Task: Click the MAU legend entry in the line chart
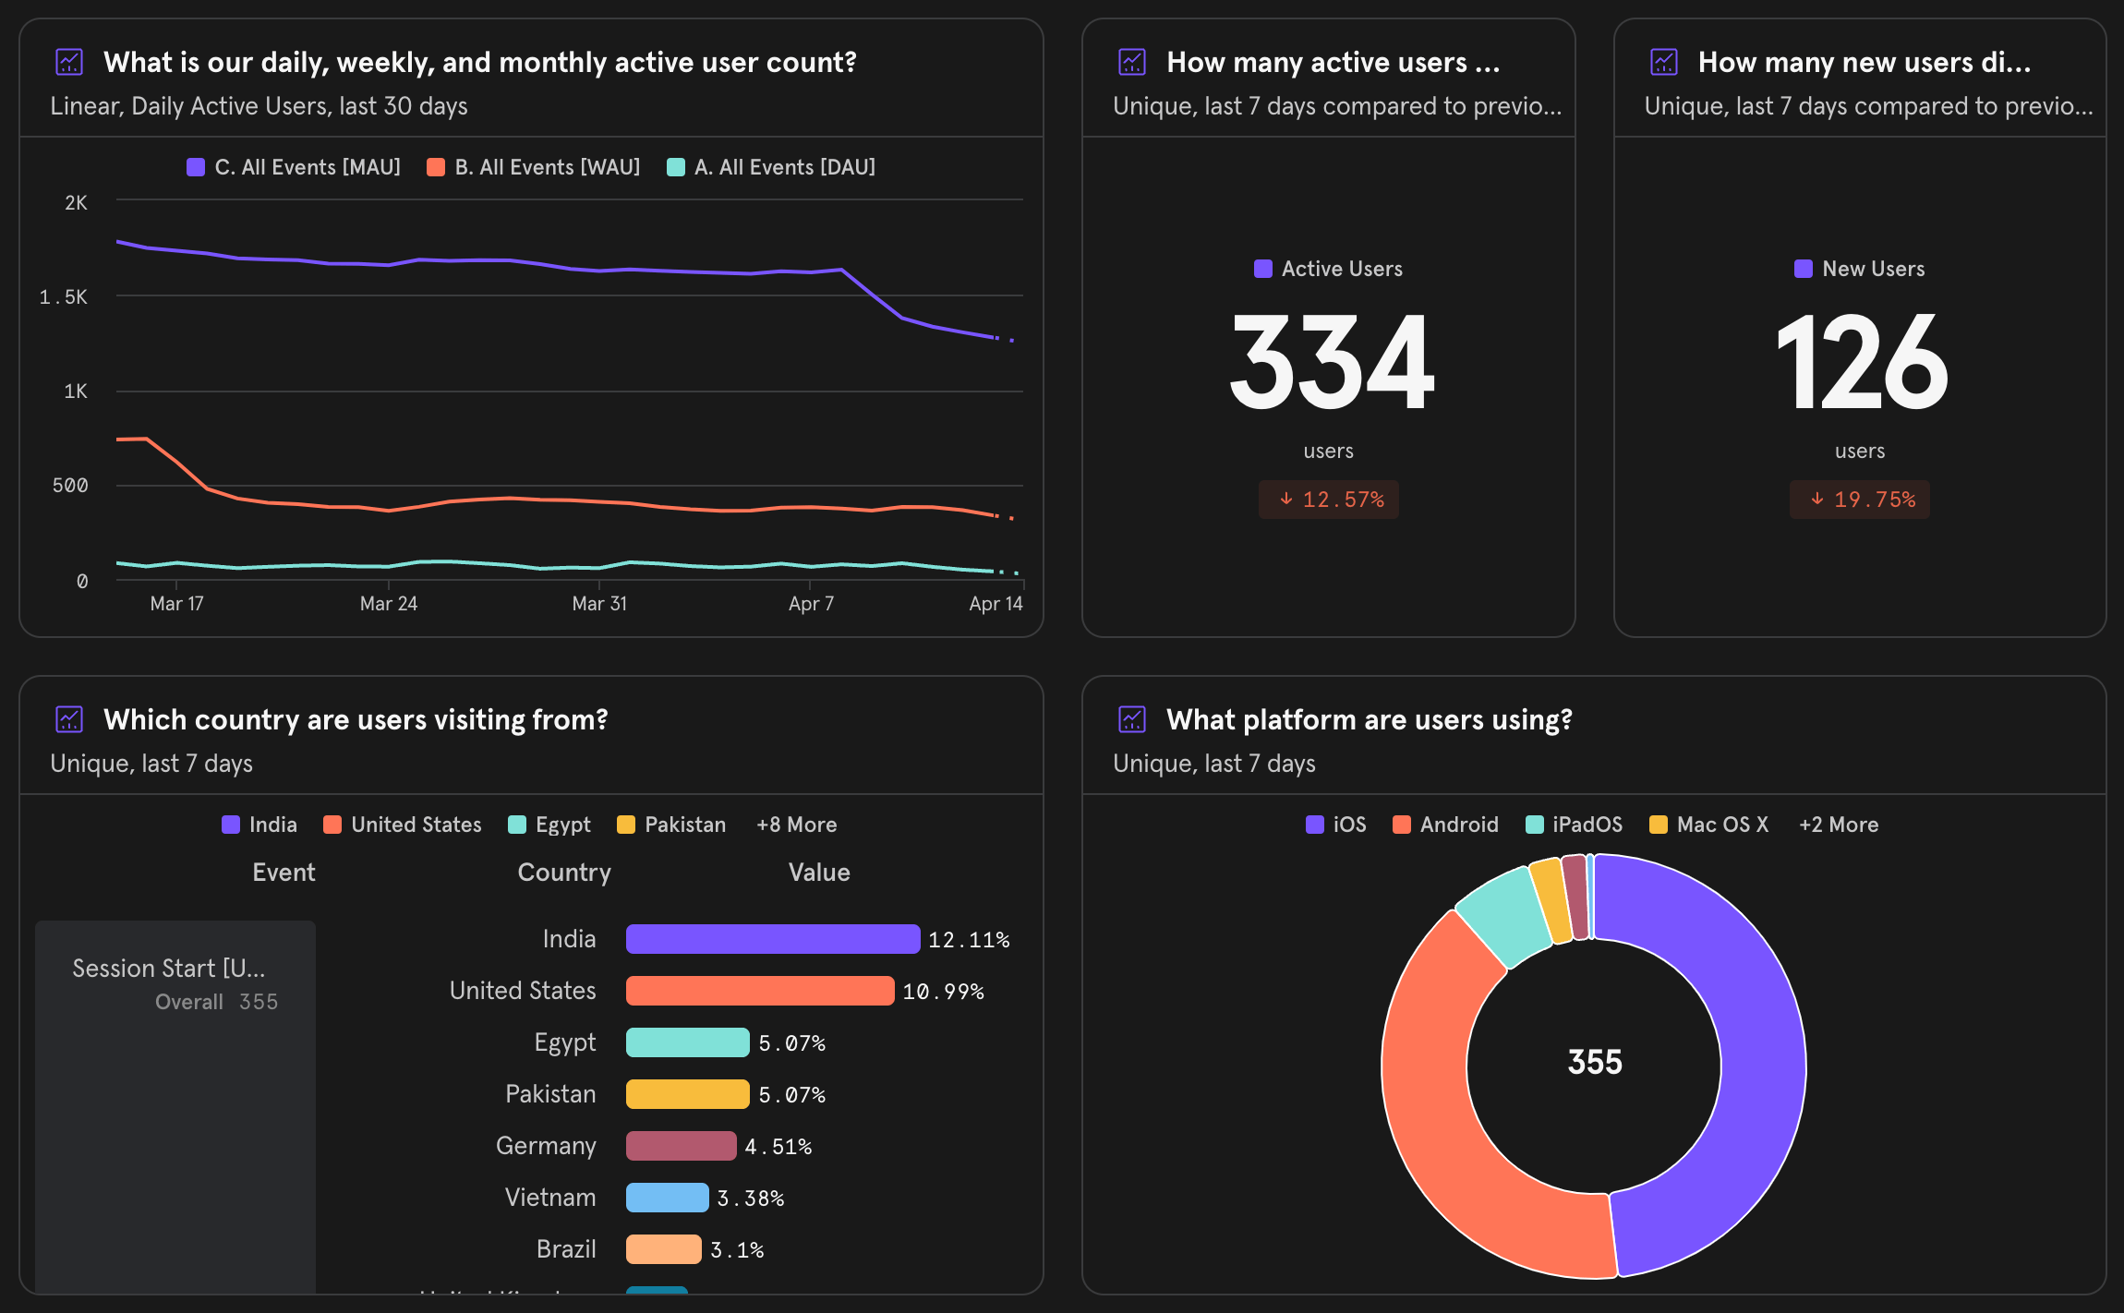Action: (294, 167)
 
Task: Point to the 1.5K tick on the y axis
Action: (64, 296)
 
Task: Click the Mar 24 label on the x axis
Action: (388, 603)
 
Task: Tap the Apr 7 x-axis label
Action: (811, 603)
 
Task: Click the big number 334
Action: (1331, 362)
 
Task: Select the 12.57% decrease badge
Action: (1328, 500)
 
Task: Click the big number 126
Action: (1860, 362)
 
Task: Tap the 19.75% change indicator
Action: (1860, 500)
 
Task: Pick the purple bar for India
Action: (772, 939)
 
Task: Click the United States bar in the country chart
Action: (759, 991)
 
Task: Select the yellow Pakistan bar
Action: (687, 1094)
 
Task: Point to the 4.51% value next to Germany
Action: (778, 1146)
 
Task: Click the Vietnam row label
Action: (549, 1198)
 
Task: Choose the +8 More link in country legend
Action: (796, 825)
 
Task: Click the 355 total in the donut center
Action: (1594, 1062)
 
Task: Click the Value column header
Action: (818, 873)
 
